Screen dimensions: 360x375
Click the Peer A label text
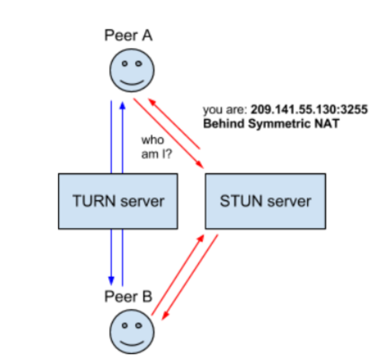129,35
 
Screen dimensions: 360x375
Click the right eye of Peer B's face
139,324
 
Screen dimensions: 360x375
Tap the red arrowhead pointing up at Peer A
152,102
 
